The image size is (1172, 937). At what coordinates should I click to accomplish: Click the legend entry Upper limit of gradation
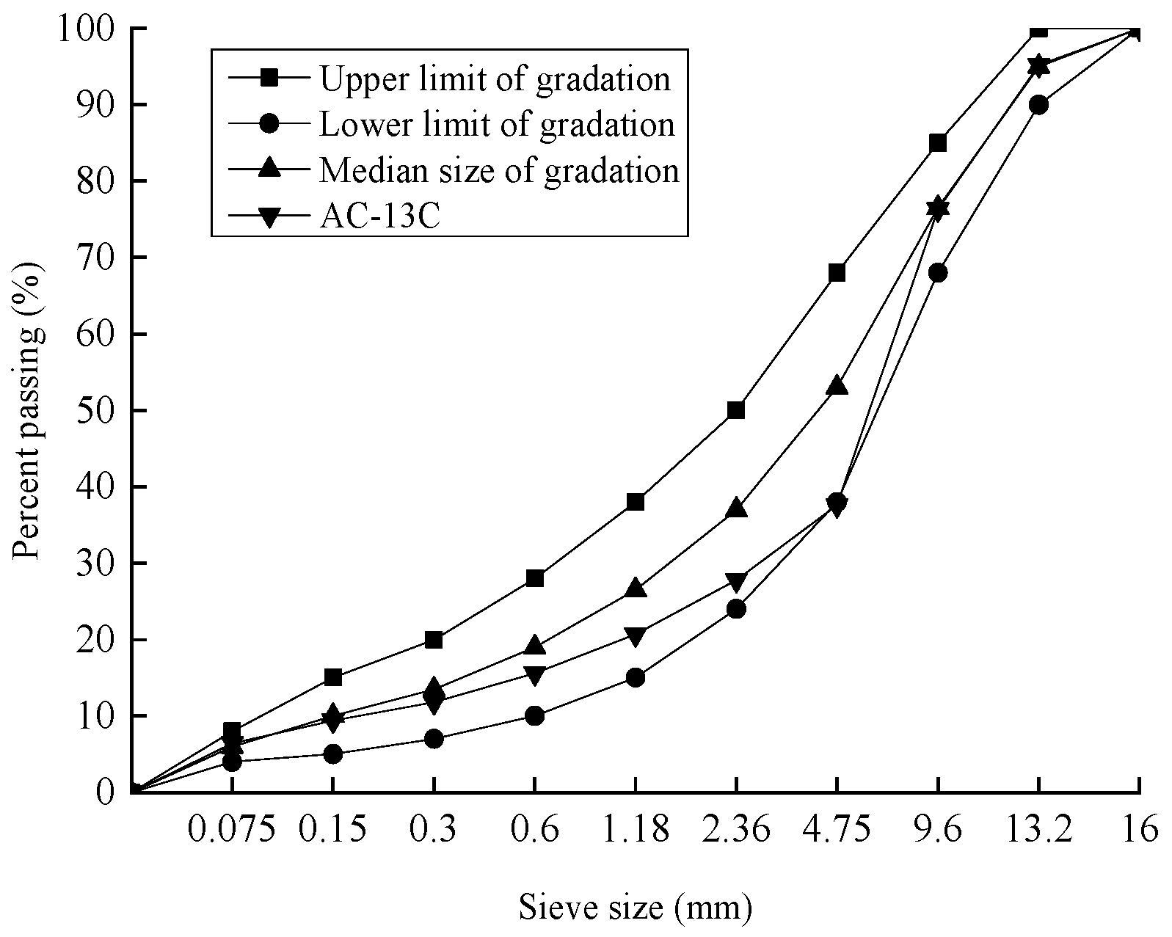(493, 79)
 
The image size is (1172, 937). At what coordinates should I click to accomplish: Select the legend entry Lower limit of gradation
(495, 124)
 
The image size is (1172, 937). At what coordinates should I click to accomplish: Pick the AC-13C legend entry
(379, 216)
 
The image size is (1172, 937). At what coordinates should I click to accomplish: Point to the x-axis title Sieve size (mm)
(636, 907)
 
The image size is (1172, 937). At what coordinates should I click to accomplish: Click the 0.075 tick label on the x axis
(232, 830)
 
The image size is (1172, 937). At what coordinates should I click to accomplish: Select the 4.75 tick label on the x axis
(837, 830)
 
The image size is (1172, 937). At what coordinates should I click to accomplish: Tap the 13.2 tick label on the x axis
(1038, 830)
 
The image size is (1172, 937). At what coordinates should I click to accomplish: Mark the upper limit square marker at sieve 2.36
(736, 410)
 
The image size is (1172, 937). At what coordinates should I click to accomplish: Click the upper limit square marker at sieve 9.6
(938, 142)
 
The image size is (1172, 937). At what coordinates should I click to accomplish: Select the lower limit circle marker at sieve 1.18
(636, 677)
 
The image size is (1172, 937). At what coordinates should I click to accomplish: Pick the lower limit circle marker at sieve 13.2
(1038, 104)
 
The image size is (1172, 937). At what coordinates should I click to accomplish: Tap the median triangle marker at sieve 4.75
(837, 386)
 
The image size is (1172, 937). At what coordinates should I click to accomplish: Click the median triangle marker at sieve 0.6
(535, 646)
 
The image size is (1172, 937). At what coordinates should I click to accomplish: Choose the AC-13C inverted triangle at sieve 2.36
(736, 582)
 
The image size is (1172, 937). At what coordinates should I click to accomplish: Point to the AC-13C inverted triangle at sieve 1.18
(636, 635)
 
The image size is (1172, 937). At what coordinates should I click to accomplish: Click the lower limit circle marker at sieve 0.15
(332, 754)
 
